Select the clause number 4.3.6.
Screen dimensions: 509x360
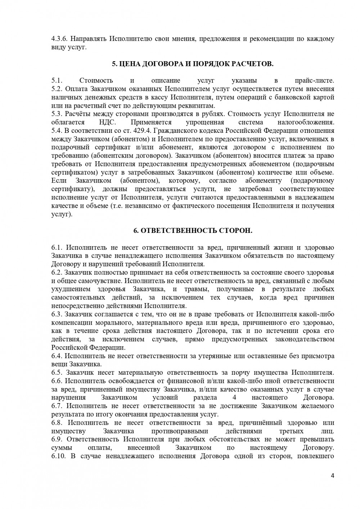[58, 39]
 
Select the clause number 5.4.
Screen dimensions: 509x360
[57, 131]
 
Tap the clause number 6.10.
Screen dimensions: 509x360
[58, 456]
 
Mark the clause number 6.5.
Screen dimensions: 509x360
[57, 373]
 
